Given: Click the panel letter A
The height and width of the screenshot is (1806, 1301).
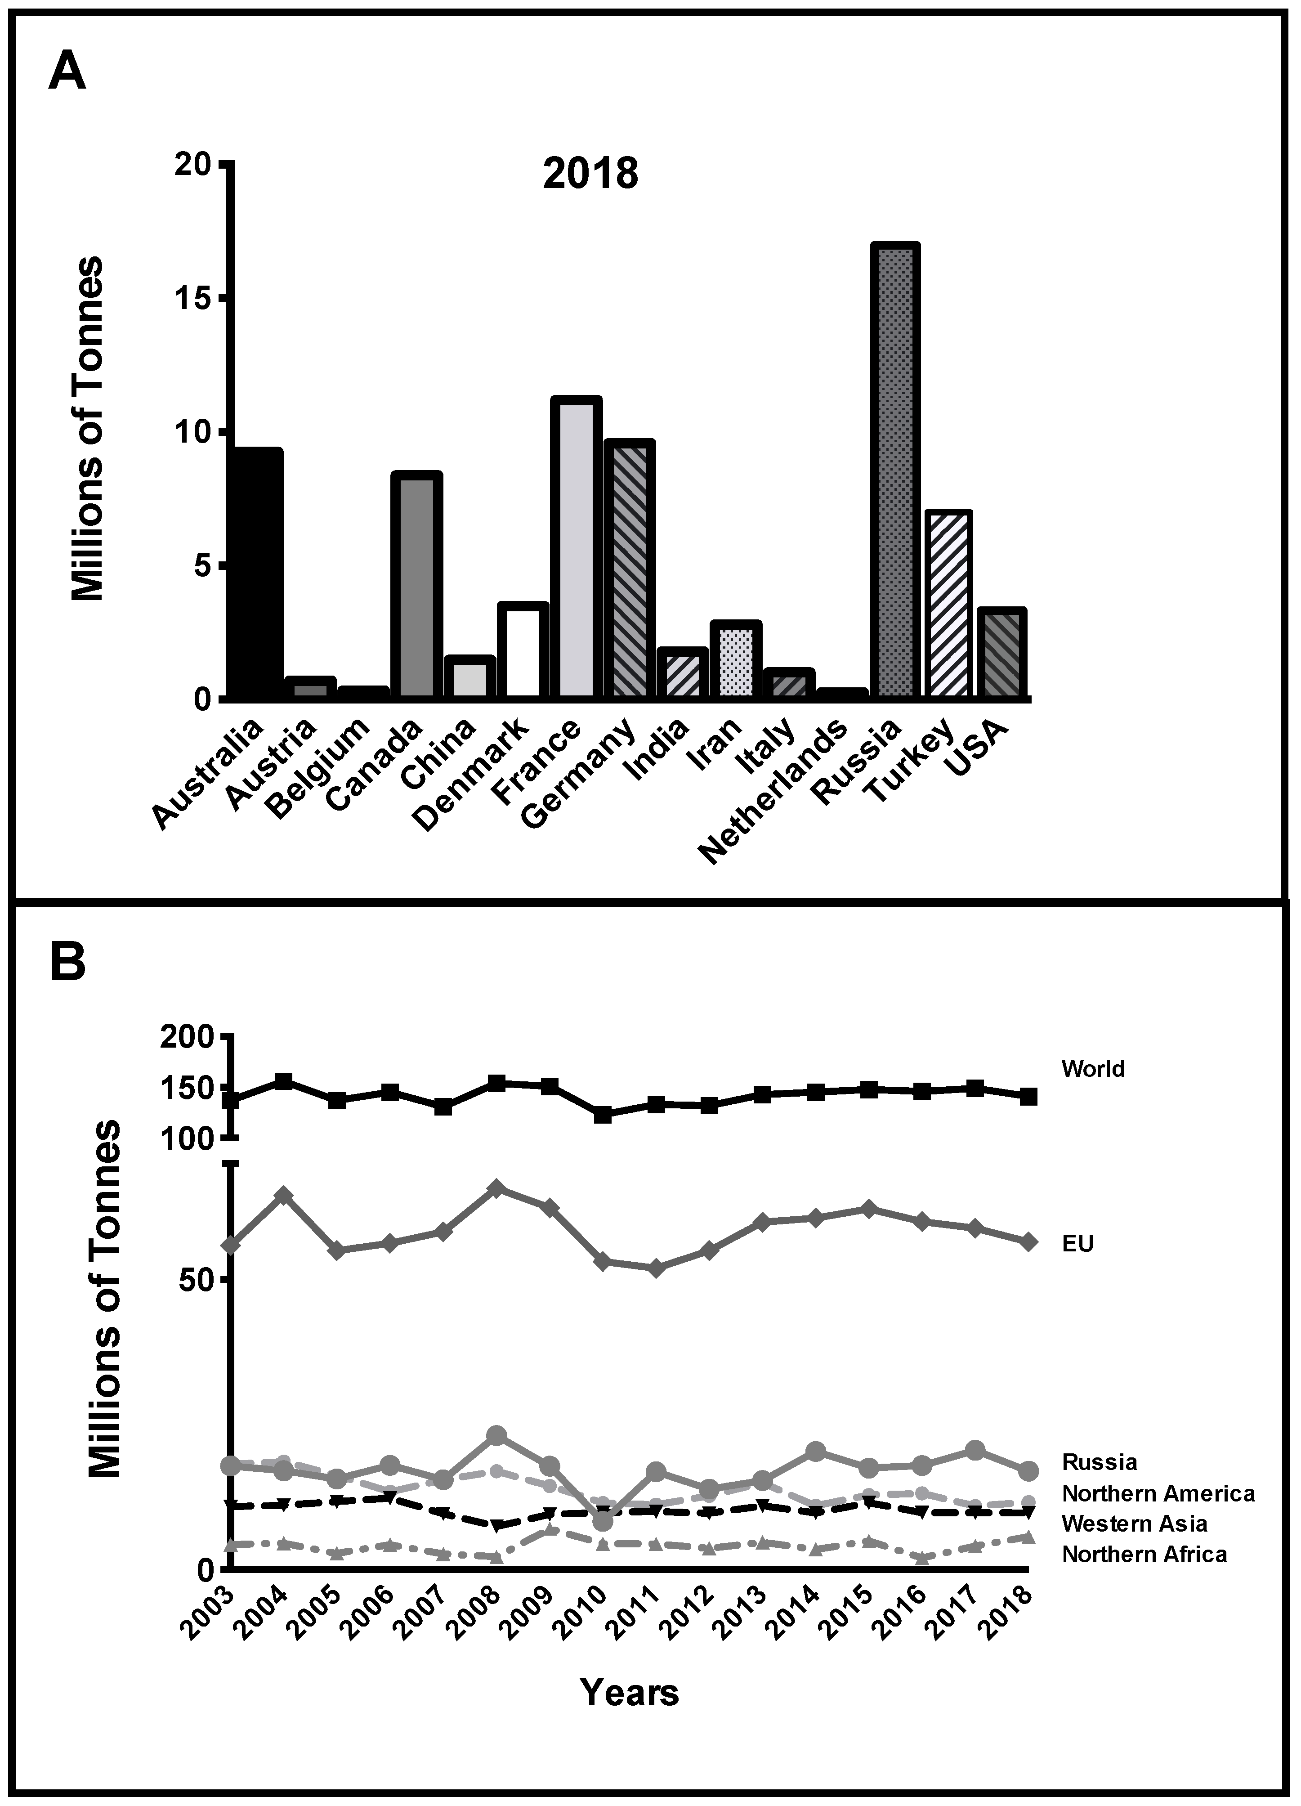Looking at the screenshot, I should point(67,73).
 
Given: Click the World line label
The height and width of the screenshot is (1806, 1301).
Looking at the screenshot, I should point(1092,1069).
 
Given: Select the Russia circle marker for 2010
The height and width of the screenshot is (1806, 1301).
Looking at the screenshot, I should point(603,1521).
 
